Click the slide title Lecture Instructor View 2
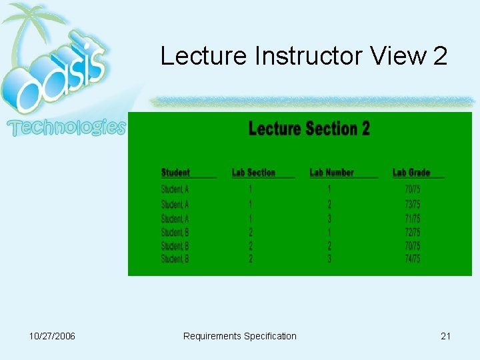tap(303, 57)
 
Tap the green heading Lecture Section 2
tap(309, 129)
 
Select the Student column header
tap(175, 173)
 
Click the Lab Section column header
tap(253, 173)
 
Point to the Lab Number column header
tap(331, 173)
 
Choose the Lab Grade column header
tap(411, 173)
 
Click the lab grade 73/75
tap(413, 205)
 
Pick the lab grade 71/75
tap(413, 219)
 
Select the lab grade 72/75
tap(413, 233)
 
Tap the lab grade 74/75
tap(413, 259)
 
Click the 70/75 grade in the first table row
tap(413, 190)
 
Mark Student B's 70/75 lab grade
tap(413, 246)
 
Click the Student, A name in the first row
tap(175, 190)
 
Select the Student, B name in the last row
tap(175, 259)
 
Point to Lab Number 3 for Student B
tap(329, 259)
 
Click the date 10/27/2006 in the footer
tap(53, 336)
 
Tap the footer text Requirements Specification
tap(240, 336)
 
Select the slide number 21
tap(445, 336)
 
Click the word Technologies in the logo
tap(67, 127)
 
